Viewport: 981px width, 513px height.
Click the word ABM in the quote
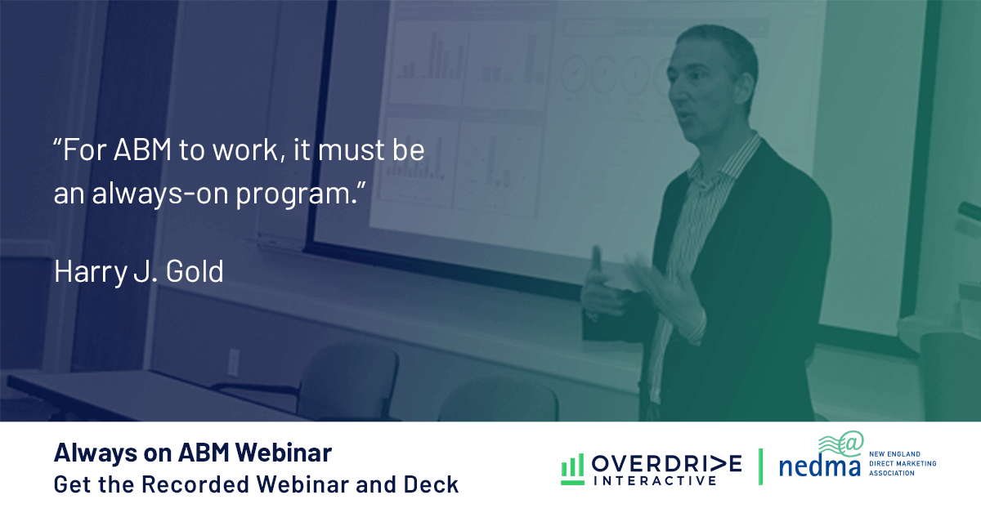tap(142, 150)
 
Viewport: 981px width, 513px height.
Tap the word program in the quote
tap(298, 194)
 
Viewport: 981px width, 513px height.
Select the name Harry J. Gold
tap(139, 272)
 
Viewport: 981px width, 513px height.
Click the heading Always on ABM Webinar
tap(193, 453)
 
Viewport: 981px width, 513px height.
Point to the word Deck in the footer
tap(431, 484)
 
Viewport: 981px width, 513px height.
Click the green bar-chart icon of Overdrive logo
tap(572, 469)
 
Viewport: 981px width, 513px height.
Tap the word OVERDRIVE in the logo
tap(666, 463)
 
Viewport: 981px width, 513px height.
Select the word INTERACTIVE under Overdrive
tap(655, 480)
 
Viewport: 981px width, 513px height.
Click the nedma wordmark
tap(819, 466)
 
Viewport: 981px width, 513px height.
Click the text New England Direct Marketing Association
tap(903, 463)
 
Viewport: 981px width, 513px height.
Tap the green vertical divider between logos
tap(760, 467)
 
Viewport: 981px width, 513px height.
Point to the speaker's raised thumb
tap(596, 259)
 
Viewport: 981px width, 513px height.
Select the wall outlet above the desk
tap(234, 362)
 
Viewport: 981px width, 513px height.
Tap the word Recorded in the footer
tap(197, 484)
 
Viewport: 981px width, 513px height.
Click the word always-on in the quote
tap(160, 194)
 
